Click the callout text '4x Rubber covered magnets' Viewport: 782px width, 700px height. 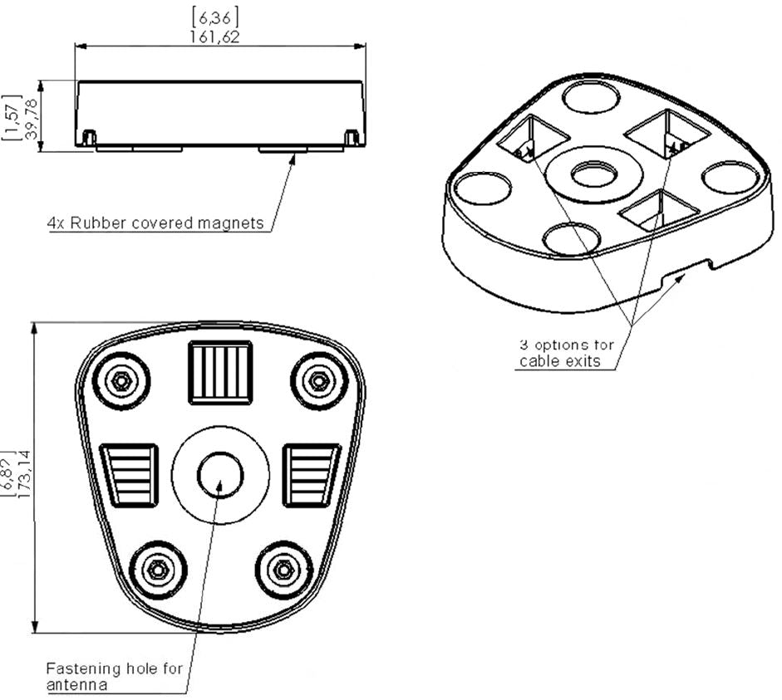click(155, 223)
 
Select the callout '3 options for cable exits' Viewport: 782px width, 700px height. click(567, 353)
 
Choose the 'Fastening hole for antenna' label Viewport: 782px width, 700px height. click(114, 676)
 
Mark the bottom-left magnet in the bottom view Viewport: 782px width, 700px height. click(157, 570)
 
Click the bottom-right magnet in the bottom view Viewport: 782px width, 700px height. click(283, 570)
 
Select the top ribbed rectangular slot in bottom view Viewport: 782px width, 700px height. click(220, 372)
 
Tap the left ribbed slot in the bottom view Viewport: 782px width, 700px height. click(130, 475)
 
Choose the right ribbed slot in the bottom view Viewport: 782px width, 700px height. click(311, 475)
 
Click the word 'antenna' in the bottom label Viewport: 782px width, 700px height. click(77, 685)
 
